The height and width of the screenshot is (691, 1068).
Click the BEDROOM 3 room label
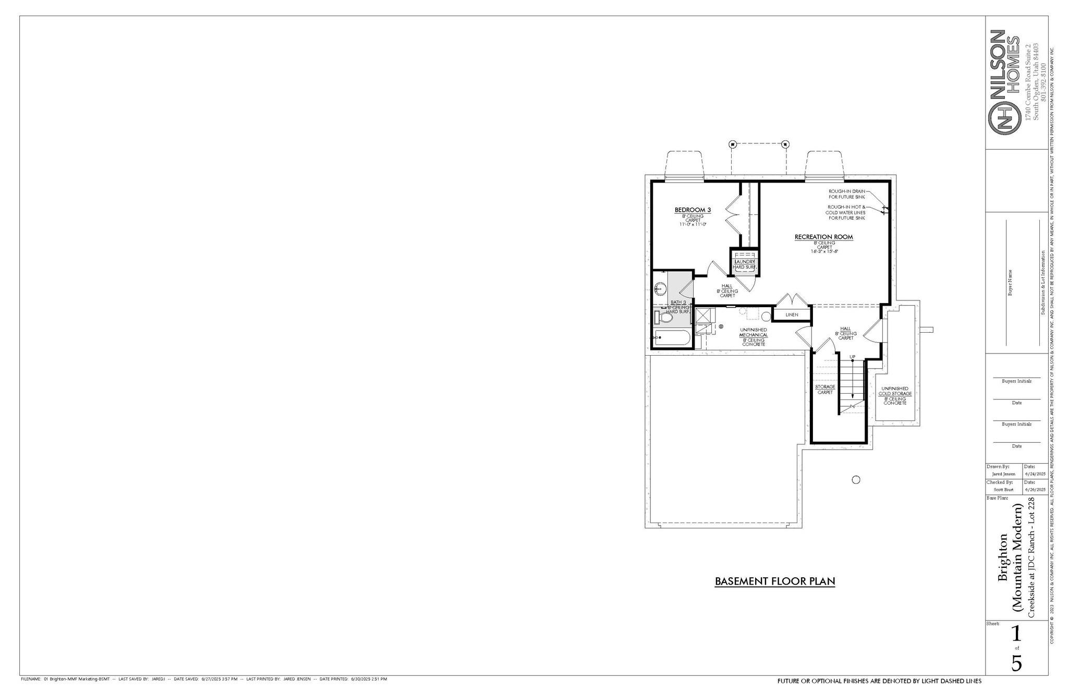693,210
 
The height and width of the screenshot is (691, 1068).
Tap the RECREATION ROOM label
823,237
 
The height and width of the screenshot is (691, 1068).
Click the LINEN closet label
792,315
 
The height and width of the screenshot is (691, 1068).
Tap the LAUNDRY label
744,262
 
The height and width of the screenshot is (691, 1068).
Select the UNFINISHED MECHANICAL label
754,333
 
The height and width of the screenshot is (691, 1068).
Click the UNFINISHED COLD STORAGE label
895,391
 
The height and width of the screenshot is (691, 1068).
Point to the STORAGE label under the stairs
825,387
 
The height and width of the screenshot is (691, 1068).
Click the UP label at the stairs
852,357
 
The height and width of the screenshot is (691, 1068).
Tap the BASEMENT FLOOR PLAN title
774,581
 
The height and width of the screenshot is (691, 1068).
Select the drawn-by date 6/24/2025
1035,474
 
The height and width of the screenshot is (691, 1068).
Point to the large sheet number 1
1016,634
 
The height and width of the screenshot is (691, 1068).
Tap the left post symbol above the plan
732,144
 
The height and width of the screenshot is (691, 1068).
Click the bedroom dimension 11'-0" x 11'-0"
693,224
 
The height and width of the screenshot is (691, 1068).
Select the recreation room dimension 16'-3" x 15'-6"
823,251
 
